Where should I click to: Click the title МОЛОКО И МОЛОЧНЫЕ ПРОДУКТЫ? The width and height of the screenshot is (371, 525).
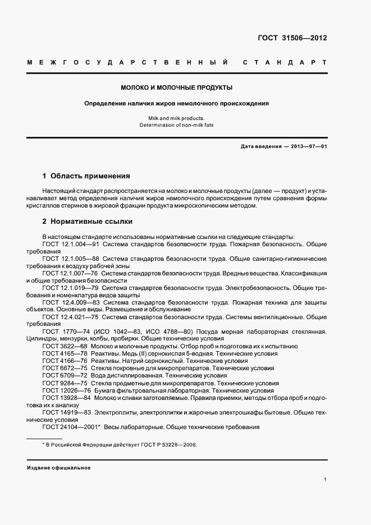[x=177, y=88]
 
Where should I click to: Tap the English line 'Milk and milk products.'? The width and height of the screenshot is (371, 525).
[x=177, y=118]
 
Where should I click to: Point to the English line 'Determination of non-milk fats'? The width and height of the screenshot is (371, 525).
[x=177, y=126]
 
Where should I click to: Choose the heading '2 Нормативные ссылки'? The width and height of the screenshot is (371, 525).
[x=87, y=221]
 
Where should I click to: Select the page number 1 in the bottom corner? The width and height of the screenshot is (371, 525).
[x=325, y=480]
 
